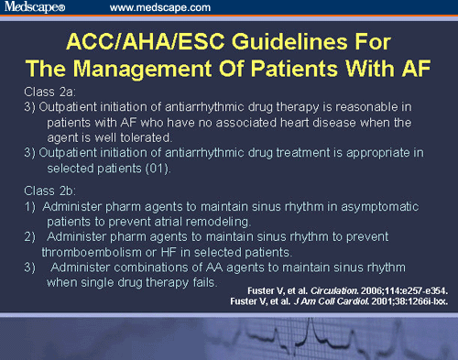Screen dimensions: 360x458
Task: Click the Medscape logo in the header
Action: pos(36,8)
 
